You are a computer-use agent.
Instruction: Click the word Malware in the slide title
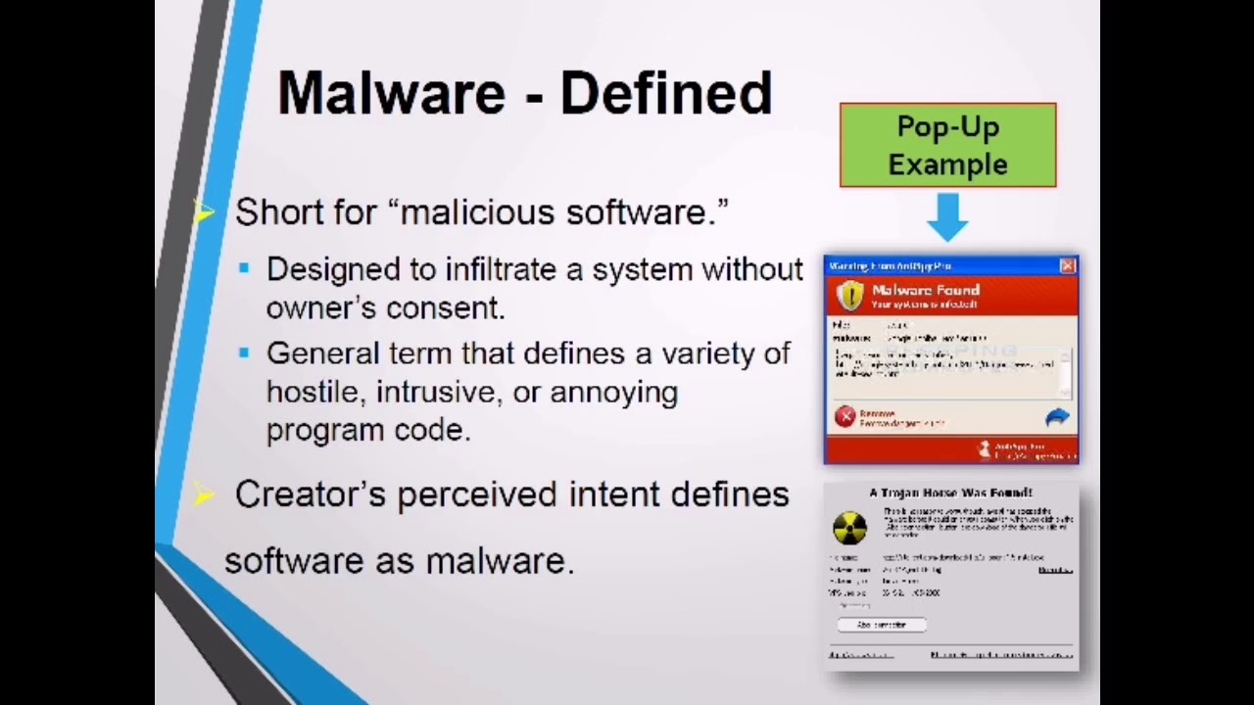tap(391, 93)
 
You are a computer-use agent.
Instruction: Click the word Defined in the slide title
tap(666, 93)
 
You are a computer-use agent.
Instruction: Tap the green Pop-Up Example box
tap(947, 145)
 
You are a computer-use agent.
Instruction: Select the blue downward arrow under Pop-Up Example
tap(947, 216)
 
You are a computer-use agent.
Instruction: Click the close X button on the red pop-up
tap(1067, 265)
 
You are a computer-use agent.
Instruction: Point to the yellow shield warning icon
tap(850, 295)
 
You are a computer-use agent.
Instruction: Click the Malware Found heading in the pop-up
tap(925, 290)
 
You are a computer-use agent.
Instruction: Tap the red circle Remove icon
tap(845, 417)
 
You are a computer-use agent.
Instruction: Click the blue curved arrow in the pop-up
tap(1056, 418)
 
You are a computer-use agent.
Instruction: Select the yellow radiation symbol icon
tap(849, 527)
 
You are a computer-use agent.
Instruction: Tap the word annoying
tap(613, 392)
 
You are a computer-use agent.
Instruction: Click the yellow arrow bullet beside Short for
tap(204, 211)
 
